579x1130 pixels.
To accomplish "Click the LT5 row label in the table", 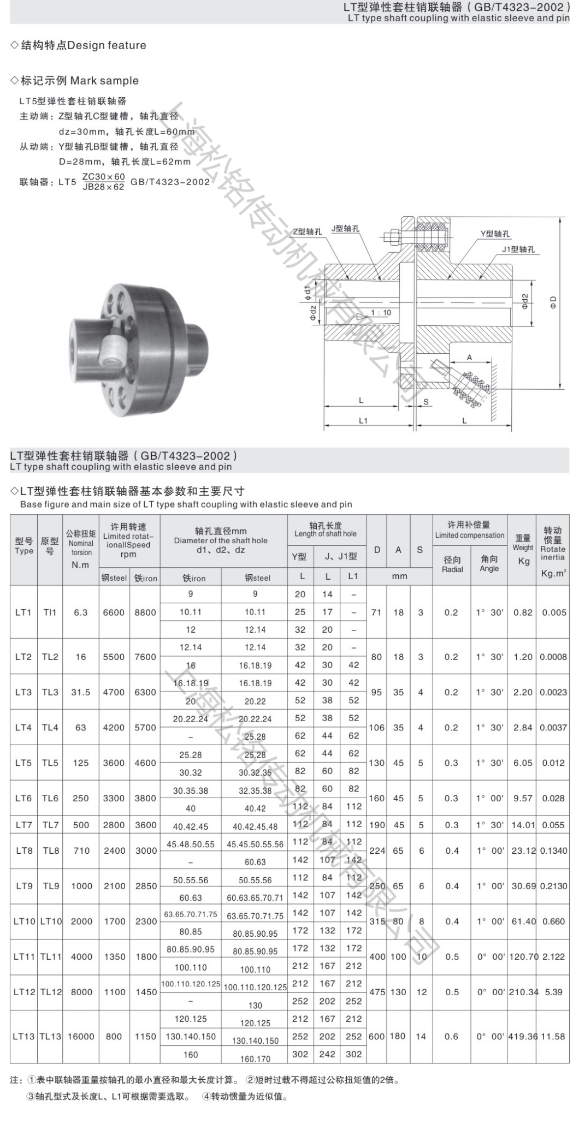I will [x=23, y=763].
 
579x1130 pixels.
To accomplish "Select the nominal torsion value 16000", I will [x=81, y=1036].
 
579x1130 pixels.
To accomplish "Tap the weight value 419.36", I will [x=523, y=1036].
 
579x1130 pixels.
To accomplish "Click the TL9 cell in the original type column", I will [x=50, y=886].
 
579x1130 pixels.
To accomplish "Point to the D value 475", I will [x=376, y=992].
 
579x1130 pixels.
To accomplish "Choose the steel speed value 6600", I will [x=114, y=612].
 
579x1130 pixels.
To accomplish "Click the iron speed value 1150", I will [x=146, y=1036].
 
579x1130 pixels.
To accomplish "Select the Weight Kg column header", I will [x=523, y=549].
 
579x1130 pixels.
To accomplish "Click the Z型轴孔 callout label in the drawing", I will [x=307, y=231].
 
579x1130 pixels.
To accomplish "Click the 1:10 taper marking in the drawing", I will [x=381, y=313].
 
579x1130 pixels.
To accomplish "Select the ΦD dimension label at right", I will [x=553, y=302].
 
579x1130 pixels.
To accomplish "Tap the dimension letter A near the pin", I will [x=469, y=358].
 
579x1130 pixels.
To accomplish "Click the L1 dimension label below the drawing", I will [x=363, y=421].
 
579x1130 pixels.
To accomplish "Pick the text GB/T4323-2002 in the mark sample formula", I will [x=170, y=182].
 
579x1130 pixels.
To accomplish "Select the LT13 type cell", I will [x=23, y=1036].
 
